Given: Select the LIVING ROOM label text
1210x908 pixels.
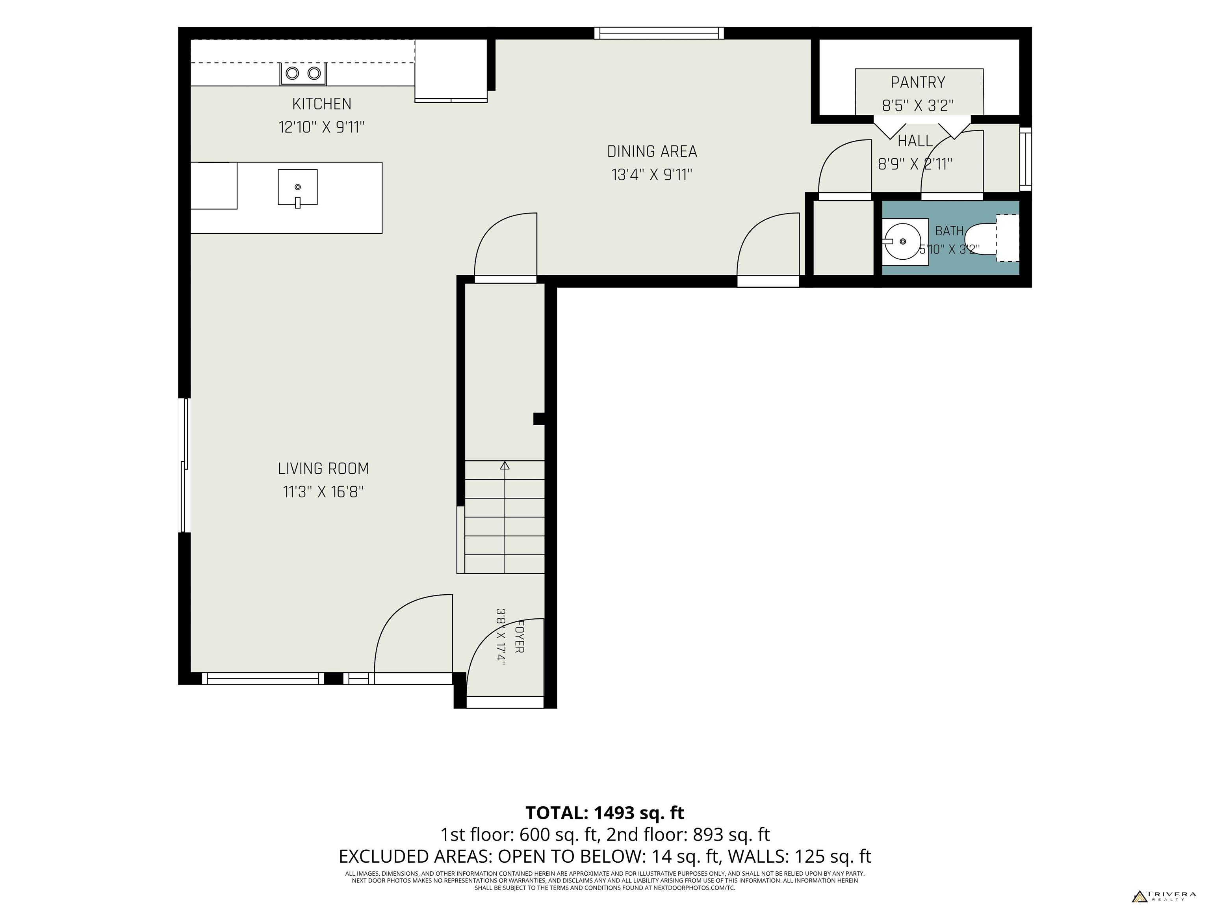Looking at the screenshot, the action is [323, 469].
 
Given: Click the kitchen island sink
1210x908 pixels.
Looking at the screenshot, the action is [298, 187].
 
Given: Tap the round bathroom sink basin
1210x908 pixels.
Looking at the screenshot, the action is [903, 241].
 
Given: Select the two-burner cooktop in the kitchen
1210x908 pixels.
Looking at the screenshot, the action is [303, 73].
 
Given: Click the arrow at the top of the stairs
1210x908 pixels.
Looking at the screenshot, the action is [504, 466].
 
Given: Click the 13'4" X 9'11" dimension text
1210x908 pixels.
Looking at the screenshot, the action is [652, 175].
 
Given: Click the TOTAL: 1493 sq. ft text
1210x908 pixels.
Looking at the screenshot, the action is [605, 813].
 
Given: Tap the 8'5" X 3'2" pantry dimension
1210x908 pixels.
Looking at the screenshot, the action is [918, 106].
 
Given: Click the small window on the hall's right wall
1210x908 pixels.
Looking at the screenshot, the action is [1026, 159].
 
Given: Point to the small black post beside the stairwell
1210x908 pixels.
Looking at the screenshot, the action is [539, 419].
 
